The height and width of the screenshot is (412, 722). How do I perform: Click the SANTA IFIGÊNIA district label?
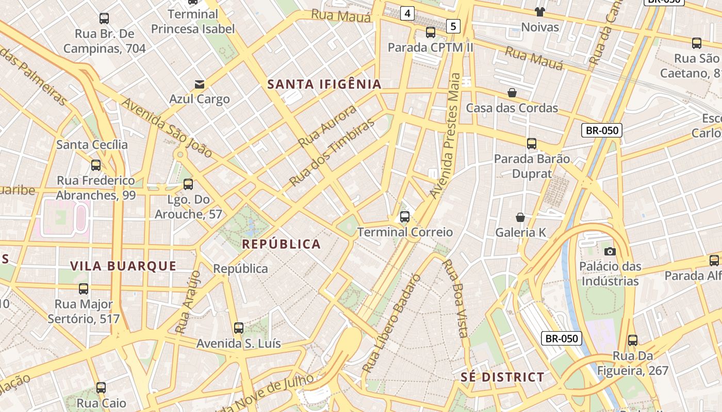pos(324,84)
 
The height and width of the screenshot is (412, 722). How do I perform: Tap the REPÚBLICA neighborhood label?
pos(282,244)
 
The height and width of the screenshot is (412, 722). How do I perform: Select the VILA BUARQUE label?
pos(123,266)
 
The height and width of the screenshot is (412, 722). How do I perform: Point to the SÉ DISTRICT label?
pos(502,377)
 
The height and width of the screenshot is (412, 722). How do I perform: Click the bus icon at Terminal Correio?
pos(405,217)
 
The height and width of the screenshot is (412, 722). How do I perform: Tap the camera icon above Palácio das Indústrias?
pos(610,251)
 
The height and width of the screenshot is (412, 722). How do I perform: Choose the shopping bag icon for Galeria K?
pos(520,217)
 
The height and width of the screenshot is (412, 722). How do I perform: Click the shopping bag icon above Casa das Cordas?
pos(512,93)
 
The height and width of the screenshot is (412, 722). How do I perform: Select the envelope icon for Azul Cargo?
pos(199,84)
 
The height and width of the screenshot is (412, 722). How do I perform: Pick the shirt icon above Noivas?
pos(540,12)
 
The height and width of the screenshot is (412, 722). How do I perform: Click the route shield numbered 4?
pos(407,13)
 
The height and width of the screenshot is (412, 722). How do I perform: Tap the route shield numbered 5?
pos(453,26)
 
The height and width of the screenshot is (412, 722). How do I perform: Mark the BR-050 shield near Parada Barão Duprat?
pos(602,130)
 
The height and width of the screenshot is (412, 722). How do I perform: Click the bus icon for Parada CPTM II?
pos(430,32)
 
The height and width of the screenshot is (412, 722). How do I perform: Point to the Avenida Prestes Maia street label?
pos(447,136)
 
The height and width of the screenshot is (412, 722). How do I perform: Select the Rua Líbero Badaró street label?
pos(391,323)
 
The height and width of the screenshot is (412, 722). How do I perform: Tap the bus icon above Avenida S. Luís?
pos(238,328)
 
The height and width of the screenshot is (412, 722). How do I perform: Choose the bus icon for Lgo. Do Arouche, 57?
pos(188,184)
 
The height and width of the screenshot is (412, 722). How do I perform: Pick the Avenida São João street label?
pos(167,127)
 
